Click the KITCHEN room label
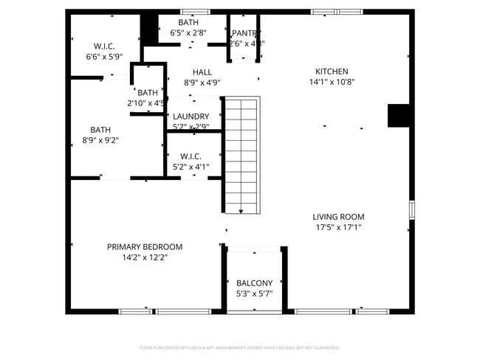332,72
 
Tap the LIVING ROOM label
338,217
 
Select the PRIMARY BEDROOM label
145,247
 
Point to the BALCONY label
254,283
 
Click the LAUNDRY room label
191,117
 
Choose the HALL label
202,72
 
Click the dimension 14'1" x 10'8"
332,82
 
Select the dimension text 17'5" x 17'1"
338,227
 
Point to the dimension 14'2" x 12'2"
145,257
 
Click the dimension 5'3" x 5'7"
254,294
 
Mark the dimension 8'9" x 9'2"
100,139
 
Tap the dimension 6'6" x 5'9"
103,56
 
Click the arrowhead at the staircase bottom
241,212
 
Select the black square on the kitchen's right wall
399,116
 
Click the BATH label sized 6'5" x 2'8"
188,23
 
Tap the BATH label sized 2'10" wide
148,93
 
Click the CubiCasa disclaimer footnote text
239,347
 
